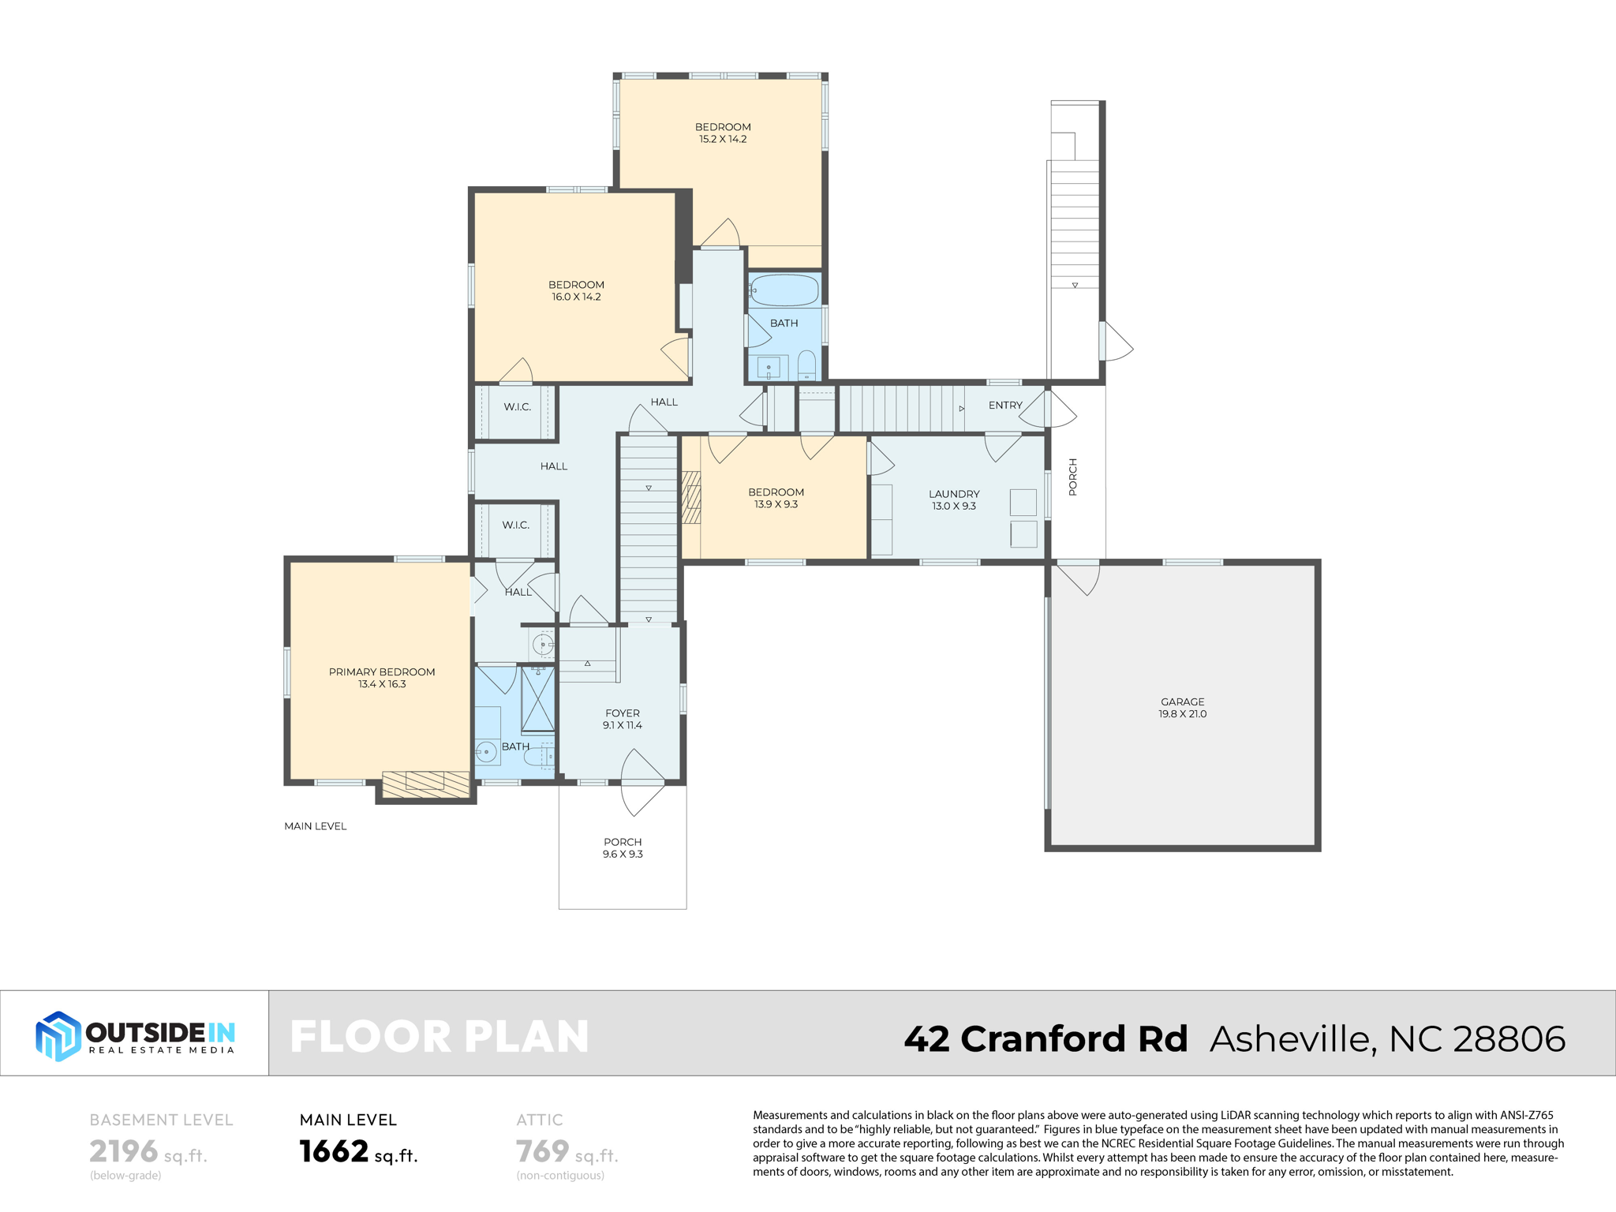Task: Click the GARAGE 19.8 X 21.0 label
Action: pos(1182,708)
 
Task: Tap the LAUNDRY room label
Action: pos(954,499)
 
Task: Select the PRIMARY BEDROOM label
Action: pos(382,678)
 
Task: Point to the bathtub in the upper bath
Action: pos(784,290)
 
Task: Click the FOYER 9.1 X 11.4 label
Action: pos(622,719)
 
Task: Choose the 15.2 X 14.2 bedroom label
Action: pos(723,133)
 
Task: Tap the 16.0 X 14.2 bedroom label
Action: pos(576,290)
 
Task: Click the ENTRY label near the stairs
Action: pos(1005,405)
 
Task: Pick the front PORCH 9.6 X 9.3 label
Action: pos(623,847)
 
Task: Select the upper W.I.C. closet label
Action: pos(518,407)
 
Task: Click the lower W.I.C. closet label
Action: pos(516,525)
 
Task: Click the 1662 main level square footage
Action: pos(335,1151)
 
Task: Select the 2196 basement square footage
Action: pos(124,1151)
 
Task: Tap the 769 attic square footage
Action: pos(542,1151)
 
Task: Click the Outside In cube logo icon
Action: pos(58,1035)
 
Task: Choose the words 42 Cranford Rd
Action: pos(1046,1038)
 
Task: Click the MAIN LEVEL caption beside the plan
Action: pos(315,826)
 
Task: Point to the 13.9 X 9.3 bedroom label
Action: pos(776,498)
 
